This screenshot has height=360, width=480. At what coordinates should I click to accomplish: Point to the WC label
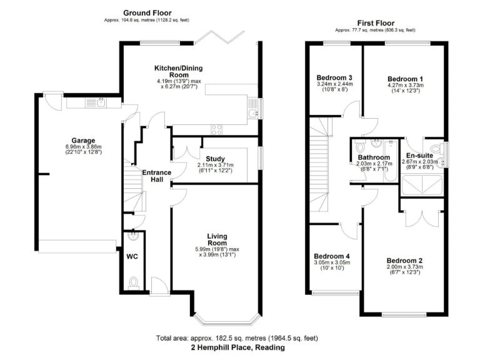click(132, 257)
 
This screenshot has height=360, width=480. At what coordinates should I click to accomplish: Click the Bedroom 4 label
click(331, 256)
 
